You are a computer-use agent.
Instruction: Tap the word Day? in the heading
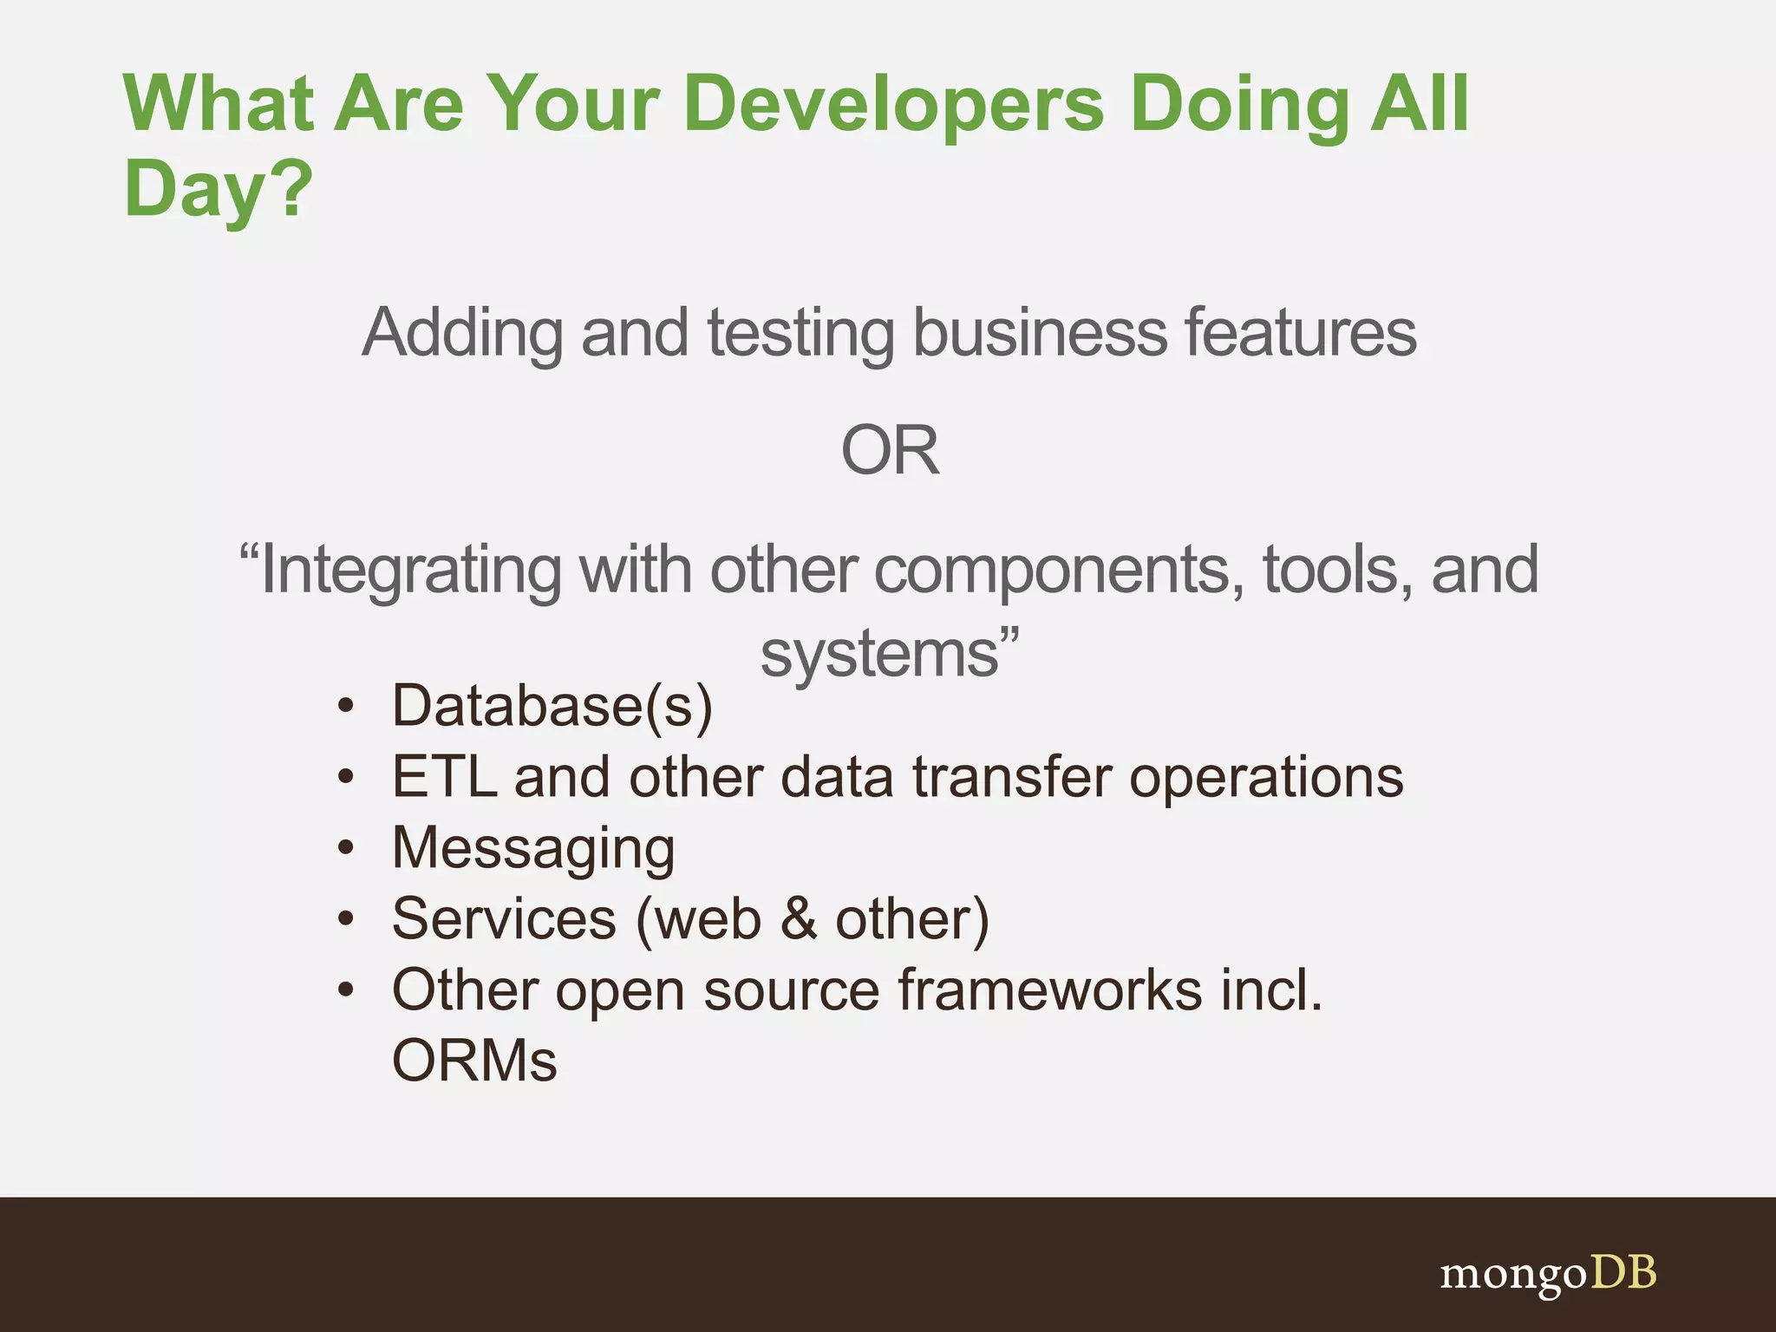(218, 189)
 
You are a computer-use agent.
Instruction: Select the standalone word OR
(890, 451)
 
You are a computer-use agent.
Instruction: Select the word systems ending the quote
(880, 654)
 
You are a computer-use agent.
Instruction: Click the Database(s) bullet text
(552, 706)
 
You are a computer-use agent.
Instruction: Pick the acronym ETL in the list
(444, 777)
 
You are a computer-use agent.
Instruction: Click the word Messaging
(533, 849)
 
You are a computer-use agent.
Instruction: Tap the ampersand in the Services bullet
(799, 919)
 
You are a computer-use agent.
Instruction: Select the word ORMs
(474, 1061)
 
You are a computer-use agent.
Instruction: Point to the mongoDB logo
(1548, 1274)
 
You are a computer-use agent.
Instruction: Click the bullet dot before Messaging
(346, 847)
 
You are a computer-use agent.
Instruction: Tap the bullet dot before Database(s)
(346, 706)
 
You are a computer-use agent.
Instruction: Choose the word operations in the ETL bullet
(1266, 777)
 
